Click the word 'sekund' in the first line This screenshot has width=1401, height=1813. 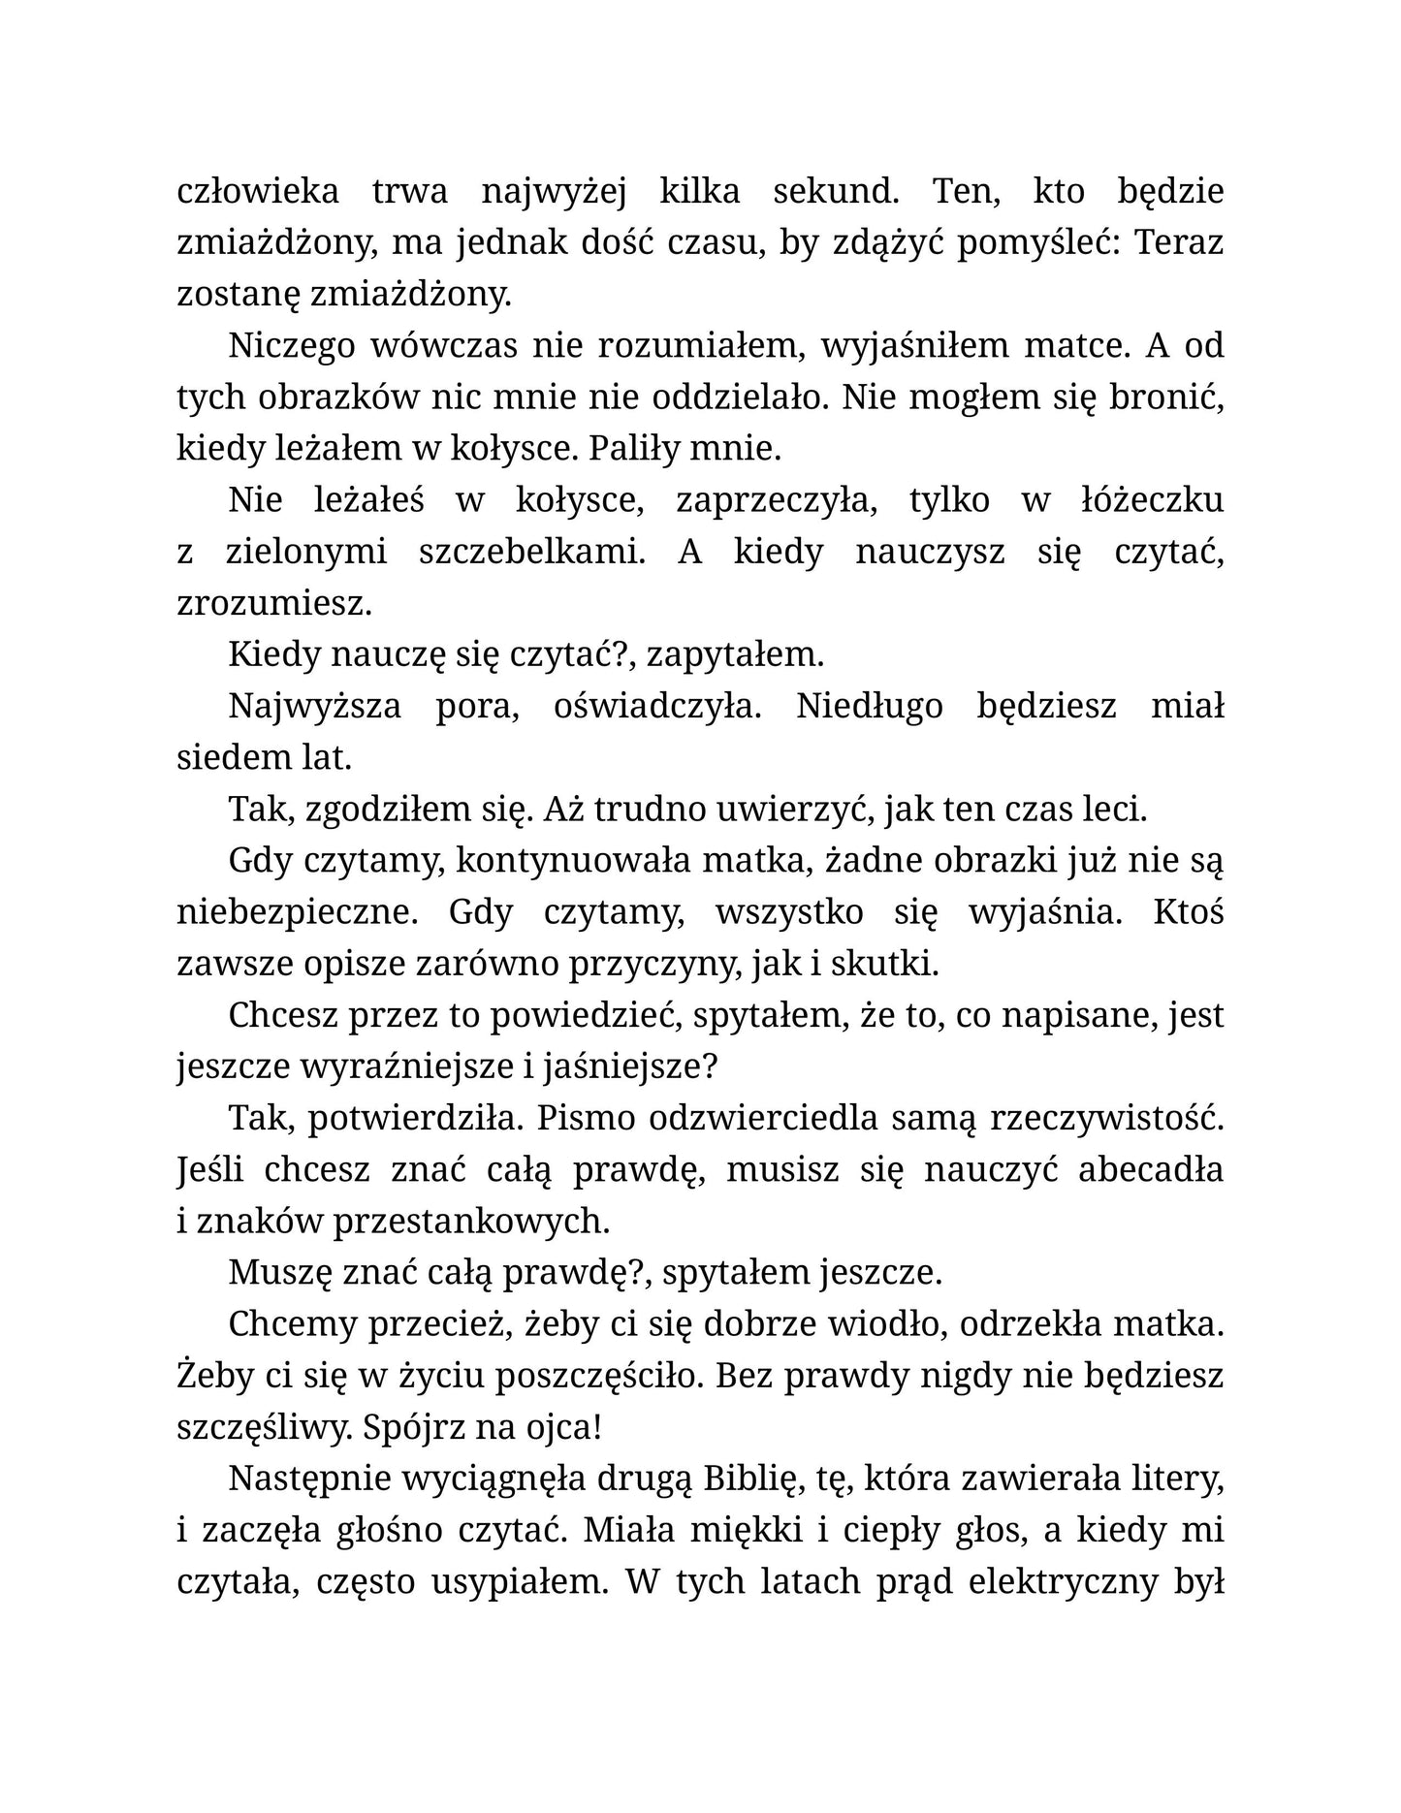click(x=835, y=191)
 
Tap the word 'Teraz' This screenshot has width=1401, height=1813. click(x=1178, y=242)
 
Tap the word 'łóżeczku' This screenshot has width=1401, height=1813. click(x=1152, y=500)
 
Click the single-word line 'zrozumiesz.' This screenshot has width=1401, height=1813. click(x=274, y=604)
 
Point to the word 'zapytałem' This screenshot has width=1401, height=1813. click(x=735, y=654)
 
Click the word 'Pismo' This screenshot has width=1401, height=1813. click(x=587, y=1118)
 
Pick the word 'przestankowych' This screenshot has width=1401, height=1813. click(x=471, y=1222)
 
